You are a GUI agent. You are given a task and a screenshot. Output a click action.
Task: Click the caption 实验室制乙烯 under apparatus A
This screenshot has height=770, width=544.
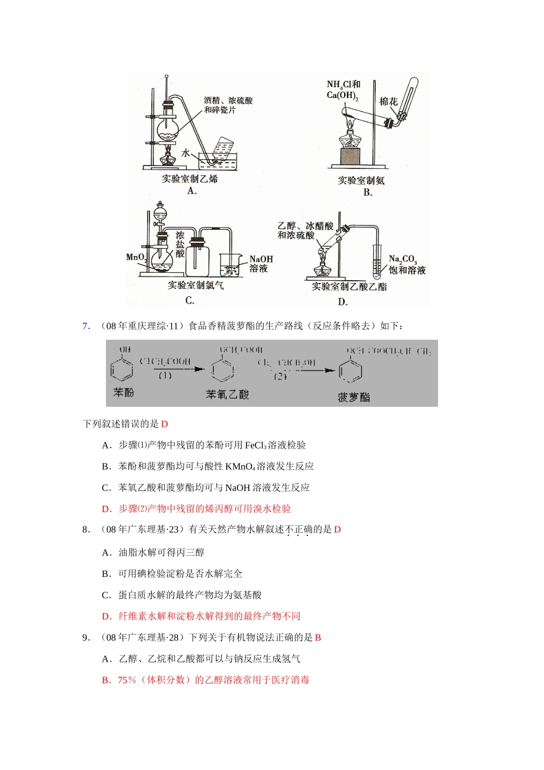[190, 179]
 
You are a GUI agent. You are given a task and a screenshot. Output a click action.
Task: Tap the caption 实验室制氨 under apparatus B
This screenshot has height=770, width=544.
[361, 180]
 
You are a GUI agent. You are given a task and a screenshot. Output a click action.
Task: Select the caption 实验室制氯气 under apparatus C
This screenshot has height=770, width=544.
[196, 285]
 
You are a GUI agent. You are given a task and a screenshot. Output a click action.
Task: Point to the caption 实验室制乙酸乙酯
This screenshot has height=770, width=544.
[349, 286]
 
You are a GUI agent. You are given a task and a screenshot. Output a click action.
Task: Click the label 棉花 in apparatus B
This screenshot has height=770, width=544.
[388, 101]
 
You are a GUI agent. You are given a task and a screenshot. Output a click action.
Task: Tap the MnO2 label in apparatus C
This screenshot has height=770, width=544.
[136, 257]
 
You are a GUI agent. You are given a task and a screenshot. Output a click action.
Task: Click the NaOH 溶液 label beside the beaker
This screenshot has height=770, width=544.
[261, 264]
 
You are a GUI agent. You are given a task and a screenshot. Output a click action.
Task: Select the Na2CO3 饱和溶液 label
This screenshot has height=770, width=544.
[407, 265]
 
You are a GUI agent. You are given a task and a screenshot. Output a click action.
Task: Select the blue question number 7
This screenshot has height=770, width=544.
[86, 326]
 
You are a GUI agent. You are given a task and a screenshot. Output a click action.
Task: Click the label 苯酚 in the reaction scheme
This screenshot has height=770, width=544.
[123, 392]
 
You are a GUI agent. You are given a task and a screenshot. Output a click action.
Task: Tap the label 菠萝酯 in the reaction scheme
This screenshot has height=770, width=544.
[353, 397]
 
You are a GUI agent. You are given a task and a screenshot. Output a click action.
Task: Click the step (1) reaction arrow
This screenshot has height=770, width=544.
[172, 369]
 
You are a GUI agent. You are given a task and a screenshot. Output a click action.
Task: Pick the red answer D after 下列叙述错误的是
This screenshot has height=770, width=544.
[164, 424]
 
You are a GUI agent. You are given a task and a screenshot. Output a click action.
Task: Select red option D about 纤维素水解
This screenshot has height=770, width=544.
[201, 616]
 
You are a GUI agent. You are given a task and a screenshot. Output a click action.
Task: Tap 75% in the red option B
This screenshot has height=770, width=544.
[127, 680]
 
